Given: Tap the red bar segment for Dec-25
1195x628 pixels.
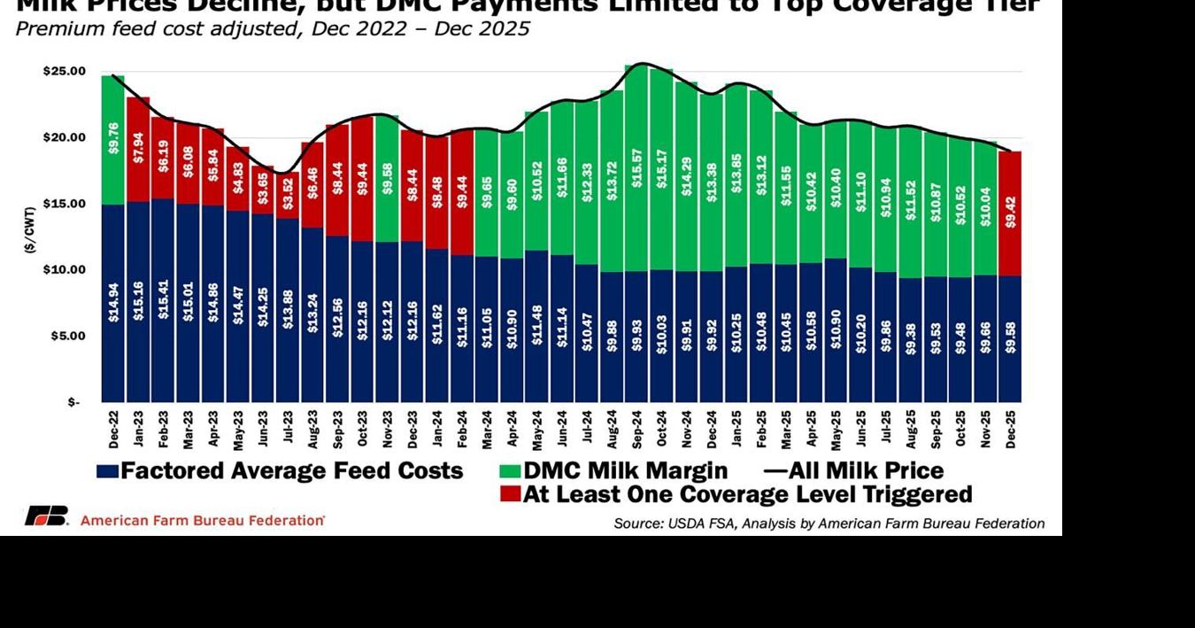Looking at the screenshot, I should coord(1009,213).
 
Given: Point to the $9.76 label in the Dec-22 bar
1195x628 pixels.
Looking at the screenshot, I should coord(113,138).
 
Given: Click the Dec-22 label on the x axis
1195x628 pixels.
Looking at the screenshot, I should coord(113,428).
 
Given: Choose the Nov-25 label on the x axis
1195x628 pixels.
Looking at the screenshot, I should coord(984,428).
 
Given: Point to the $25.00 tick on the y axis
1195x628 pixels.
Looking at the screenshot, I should coord(65,71).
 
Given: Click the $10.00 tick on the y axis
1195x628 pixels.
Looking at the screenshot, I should coord(65,269).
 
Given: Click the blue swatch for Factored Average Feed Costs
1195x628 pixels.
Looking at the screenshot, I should coord(107,471).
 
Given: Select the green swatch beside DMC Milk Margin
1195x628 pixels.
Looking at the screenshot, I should coord(510,471).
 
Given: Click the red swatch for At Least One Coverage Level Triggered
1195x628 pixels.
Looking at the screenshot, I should coord(510,494).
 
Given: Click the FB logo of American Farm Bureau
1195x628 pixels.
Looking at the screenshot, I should coord(46,516).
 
